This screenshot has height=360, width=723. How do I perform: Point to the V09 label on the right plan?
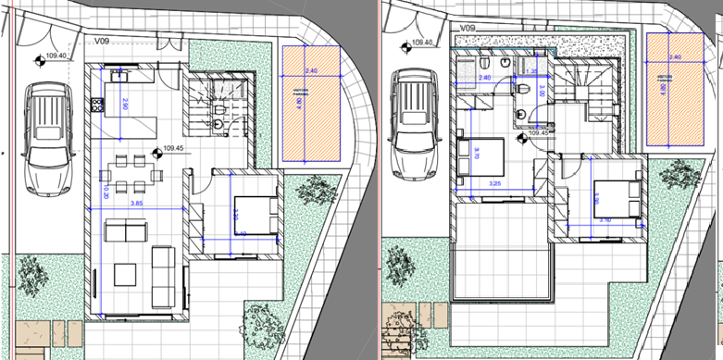(x=467, y=30)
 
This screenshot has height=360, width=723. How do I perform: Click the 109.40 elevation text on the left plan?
(x=57, y=57)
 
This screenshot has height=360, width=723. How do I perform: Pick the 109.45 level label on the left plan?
(x=174, y=147)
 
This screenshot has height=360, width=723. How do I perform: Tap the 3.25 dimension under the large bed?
(x=495, y=185)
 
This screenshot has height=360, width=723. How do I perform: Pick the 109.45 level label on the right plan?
(x=539, y=132)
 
